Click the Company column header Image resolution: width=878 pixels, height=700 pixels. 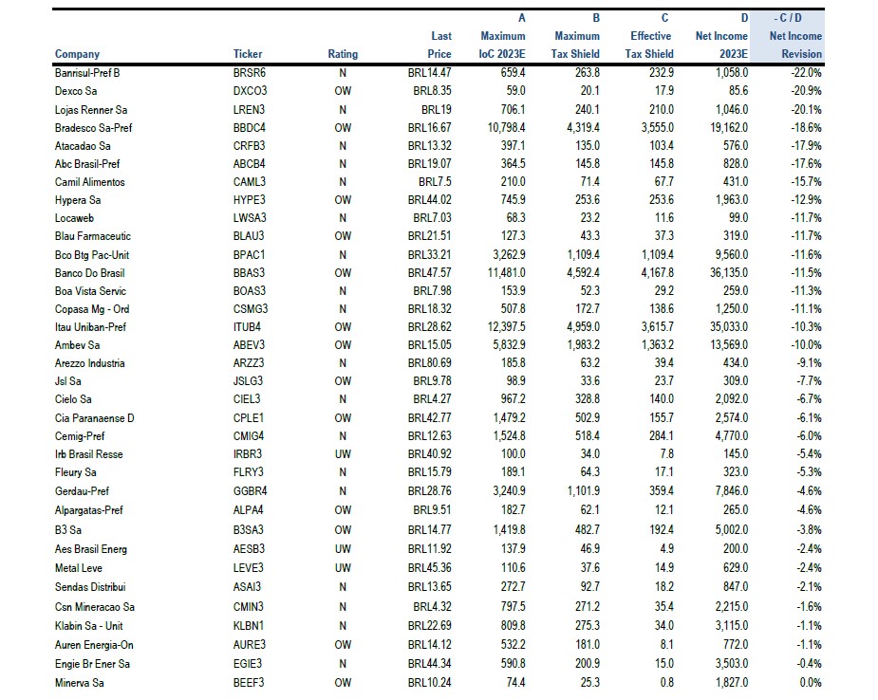tap(77, 54)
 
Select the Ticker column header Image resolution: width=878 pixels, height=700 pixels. tap(248, 54)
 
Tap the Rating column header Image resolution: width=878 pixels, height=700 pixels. tap(343, 54)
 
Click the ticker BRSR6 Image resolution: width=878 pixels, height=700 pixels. tap(250, 72)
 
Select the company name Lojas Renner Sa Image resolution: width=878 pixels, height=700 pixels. tap(91, 109)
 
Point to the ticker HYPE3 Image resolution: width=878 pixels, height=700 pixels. tap(250, 200)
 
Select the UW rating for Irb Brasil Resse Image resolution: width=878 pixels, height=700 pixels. tap(343, 454)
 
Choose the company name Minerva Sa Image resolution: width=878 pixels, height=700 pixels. tap(82, 682)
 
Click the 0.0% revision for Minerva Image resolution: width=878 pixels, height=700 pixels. tap(810, 682)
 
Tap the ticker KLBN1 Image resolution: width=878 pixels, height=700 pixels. tap(250, 626)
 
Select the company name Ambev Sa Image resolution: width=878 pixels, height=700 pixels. tap(79, 345)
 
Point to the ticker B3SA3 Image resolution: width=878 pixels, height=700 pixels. tap(250, 529)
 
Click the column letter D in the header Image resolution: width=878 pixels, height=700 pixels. tap(744, 18)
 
